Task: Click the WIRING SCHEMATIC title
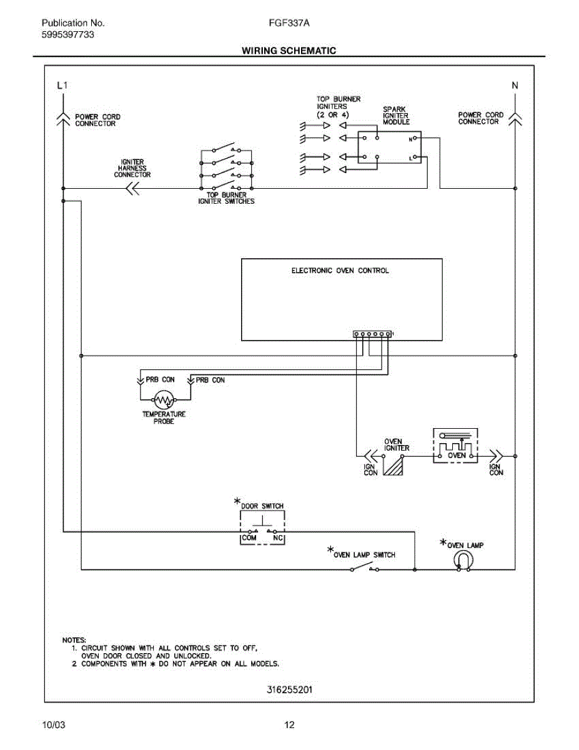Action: click(289, 51)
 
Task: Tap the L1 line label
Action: click(61, 86)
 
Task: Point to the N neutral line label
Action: click(515, 86)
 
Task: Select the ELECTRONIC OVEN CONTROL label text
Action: click(340, 271)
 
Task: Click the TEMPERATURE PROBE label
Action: click(164, 417)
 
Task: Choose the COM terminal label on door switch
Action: click(249, 537)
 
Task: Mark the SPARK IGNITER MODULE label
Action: click(396, 116)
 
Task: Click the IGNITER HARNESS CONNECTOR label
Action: click(132, 169)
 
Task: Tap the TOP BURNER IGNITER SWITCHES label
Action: click(226, 198)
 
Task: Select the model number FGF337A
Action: click(289, 23)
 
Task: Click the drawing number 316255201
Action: click(289, 690)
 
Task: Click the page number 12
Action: click(289, 725)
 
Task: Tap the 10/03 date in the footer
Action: click(53, 725)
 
